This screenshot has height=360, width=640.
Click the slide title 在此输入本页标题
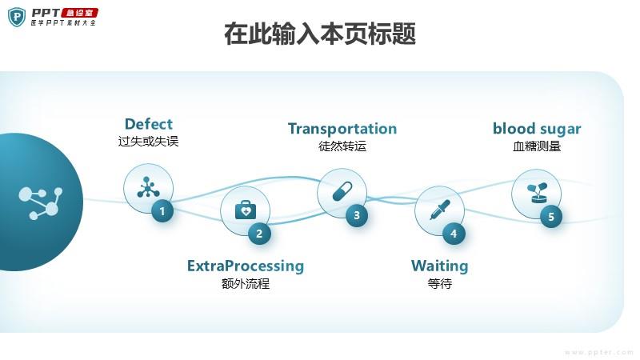coord(320,34)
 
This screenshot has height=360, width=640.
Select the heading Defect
coord(148,124)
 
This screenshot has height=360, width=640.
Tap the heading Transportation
coord(342,129)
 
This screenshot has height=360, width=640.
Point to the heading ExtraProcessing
coord(246,266)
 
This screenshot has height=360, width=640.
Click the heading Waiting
coord(439,266)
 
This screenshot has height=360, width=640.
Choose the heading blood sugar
coord(537,129)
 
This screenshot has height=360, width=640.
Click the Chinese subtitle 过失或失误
coord(148,142)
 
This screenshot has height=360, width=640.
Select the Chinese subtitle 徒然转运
coord(342,146)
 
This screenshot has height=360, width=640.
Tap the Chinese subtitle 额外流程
coord(246,283)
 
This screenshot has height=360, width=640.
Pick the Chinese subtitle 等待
coord(439,283)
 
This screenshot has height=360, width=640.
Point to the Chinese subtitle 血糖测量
coord(537,146)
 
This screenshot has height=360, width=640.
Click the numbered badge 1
coord(162,211)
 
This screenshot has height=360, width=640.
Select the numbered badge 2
coord(259,234)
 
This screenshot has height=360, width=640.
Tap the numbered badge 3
coord(357,214)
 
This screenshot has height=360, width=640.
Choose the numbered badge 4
coord(454,234)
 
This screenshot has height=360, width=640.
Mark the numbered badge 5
coord(550,216)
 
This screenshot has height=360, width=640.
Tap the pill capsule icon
coord(342,192)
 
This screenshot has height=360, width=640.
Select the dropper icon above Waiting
coord(438,210)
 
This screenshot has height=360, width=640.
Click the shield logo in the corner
coord(17,16)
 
